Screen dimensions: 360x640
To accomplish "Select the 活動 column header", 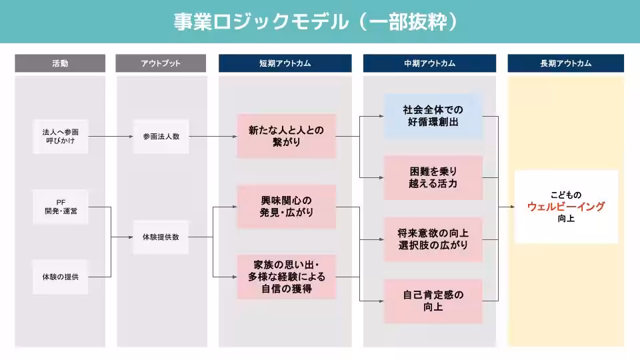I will (60, 63).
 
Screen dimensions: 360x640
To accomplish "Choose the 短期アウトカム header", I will (285, 63).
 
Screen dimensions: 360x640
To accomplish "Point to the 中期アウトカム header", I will (429, 63).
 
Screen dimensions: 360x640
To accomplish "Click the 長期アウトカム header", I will (565, 63).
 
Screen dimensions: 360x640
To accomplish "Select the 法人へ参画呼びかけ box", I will (61, 137).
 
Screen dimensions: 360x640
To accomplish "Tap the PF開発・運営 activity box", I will (61, 207).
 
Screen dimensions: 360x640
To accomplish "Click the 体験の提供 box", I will (61, 276).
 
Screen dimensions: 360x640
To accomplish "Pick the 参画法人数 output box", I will (161, 137).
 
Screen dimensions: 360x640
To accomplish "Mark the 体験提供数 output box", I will (161, 237).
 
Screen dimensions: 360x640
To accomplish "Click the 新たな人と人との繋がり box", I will (286, 137).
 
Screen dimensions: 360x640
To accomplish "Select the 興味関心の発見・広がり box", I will (286, 207).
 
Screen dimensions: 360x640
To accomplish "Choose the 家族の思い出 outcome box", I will (286, 276).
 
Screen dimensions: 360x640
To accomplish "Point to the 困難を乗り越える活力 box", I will (433, 177).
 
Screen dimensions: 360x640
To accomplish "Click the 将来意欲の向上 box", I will (433, 239).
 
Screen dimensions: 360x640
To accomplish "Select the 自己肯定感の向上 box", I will (433, 301).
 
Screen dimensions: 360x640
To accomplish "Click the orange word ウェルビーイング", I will (566, 207).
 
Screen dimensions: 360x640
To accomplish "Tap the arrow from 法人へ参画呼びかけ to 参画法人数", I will (110, 137).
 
